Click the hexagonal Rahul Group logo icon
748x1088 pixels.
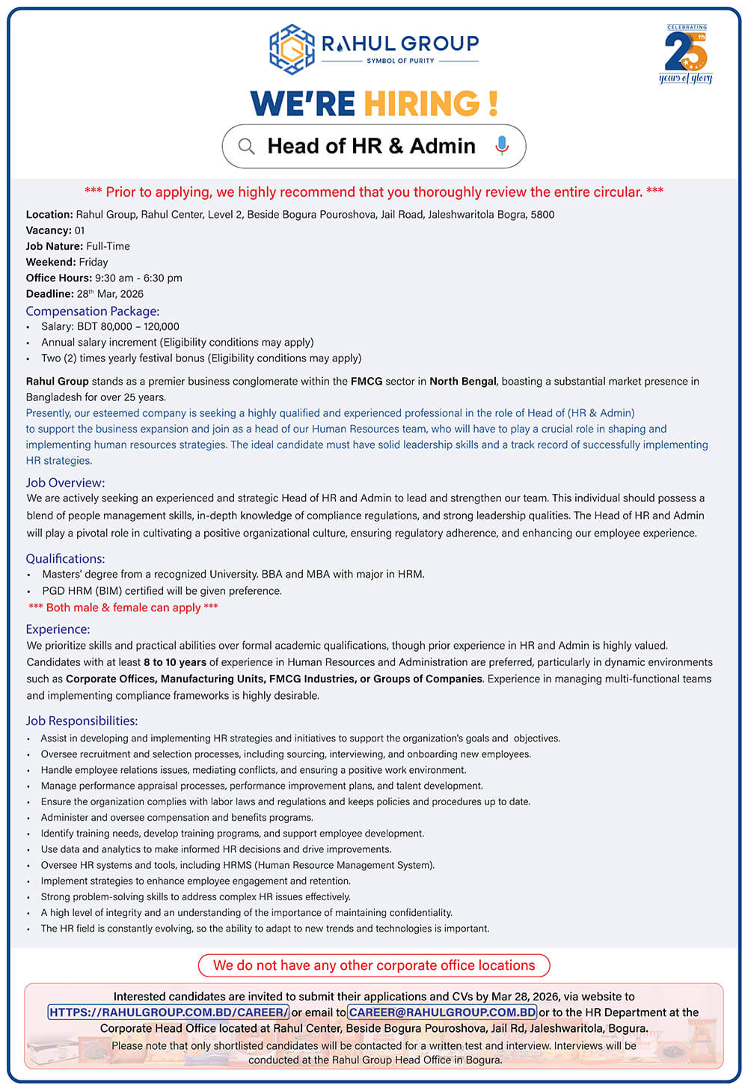pyautogui.click(x=292, y=49)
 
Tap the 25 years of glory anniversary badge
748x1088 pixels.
pyautogui.click(x=686, y=55)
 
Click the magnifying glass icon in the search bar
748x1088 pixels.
pyautogui.click(x=246, y=146)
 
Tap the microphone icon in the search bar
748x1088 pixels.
pyautogui.click(x=502, y=145)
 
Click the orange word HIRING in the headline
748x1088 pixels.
pyautogui.click(x=422, y=104)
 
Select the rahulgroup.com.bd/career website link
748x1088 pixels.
pyautogui.click(x=168, y=1012)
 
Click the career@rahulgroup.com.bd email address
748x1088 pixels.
pyautogui.click(x=442, y=1012)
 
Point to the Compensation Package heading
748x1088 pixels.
pyautogui.click(x=92, y=311)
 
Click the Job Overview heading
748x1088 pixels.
pyautogui.click(x=65, y=483)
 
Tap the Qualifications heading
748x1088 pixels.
pyautogui.click(x=65, y=559)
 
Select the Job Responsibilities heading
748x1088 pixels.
pyautogui.click(x=82, y=721)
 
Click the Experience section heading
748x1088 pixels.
pyautogui.click(x=58, y=629)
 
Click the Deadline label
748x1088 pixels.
pyautogui.click(x=49, y=294)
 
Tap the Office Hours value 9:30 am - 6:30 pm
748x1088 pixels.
pyautogui.click(x=138, y=278)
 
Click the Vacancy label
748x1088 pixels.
pyautogui.click(x=49, y=230)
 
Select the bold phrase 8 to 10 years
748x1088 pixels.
pyautogui.click(x=175, y=662)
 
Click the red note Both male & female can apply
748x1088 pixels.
pyautogui.click(x=123, y=608)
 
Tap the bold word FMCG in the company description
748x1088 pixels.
pyautogui.click(x=367, y=382)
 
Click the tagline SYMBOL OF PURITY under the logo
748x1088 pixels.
pyautogui.click(x=400, y=61)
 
